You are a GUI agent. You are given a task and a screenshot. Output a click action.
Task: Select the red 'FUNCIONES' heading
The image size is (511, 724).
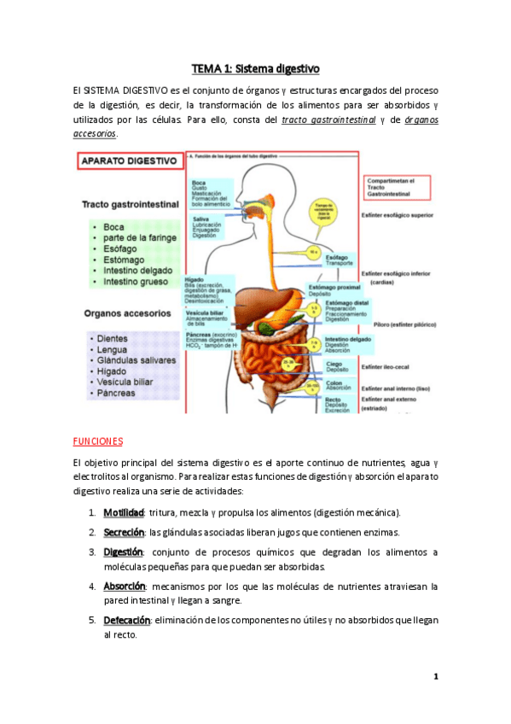(98, 441)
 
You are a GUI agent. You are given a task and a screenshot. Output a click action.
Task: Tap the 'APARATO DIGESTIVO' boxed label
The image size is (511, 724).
(129, 160)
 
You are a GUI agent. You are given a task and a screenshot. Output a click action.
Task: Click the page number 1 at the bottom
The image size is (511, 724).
(435, 677)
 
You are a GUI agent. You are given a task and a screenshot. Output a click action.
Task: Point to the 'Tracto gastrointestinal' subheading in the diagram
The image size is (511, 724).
(131, 205)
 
